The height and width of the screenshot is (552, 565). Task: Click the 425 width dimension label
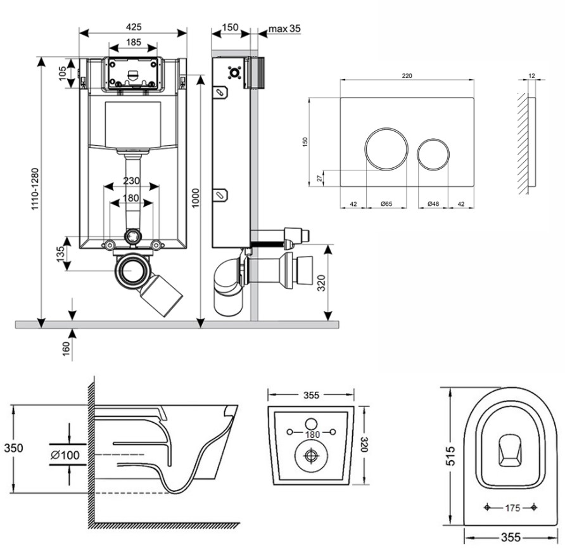click(x=133, y=27)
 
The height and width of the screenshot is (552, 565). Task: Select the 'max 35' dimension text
click(x=284, y=29)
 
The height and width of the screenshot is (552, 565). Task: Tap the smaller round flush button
click(x=434, y=154)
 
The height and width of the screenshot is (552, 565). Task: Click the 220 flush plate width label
click(x=407, y=75)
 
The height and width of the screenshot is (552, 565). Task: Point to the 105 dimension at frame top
click(x=63, y=74)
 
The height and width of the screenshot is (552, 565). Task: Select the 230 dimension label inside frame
click(x=131, y=181)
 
